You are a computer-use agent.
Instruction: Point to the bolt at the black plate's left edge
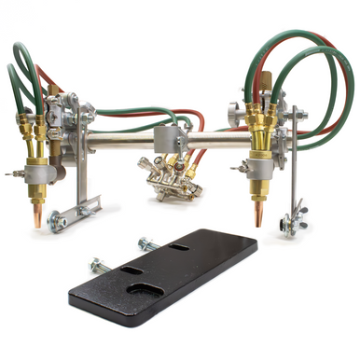[100, 265]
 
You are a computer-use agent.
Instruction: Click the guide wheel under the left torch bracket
[57, 220]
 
